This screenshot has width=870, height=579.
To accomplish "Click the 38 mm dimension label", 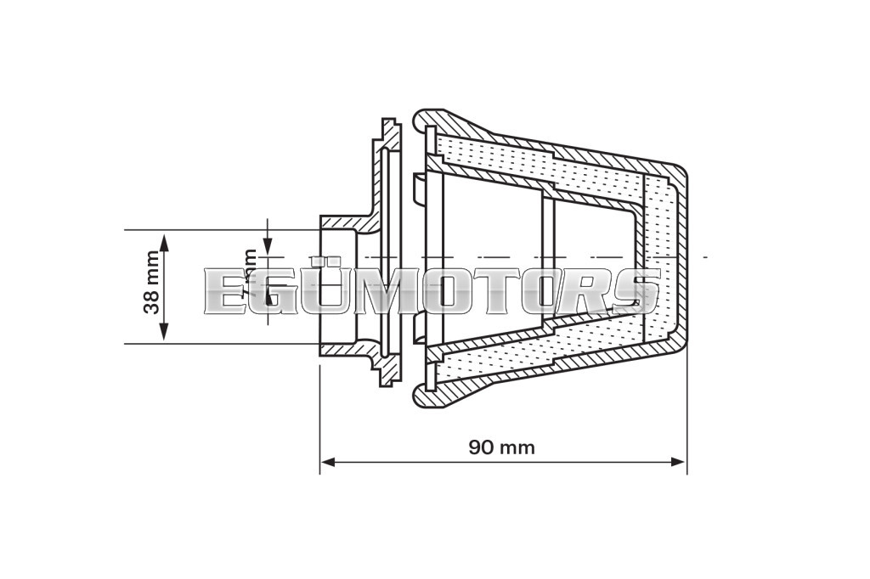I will tap(152, 283).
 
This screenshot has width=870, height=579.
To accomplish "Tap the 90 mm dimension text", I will tap(502, 447).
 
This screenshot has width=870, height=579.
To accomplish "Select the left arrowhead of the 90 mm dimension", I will tap(327, 462).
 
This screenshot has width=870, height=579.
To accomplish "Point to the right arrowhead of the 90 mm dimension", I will tap(679, 462).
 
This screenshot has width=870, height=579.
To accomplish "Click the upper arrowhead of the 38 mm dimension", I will tap(165, 239).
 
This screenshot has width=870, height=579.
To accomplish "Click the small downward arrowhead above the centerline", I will tap(268, 245).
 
